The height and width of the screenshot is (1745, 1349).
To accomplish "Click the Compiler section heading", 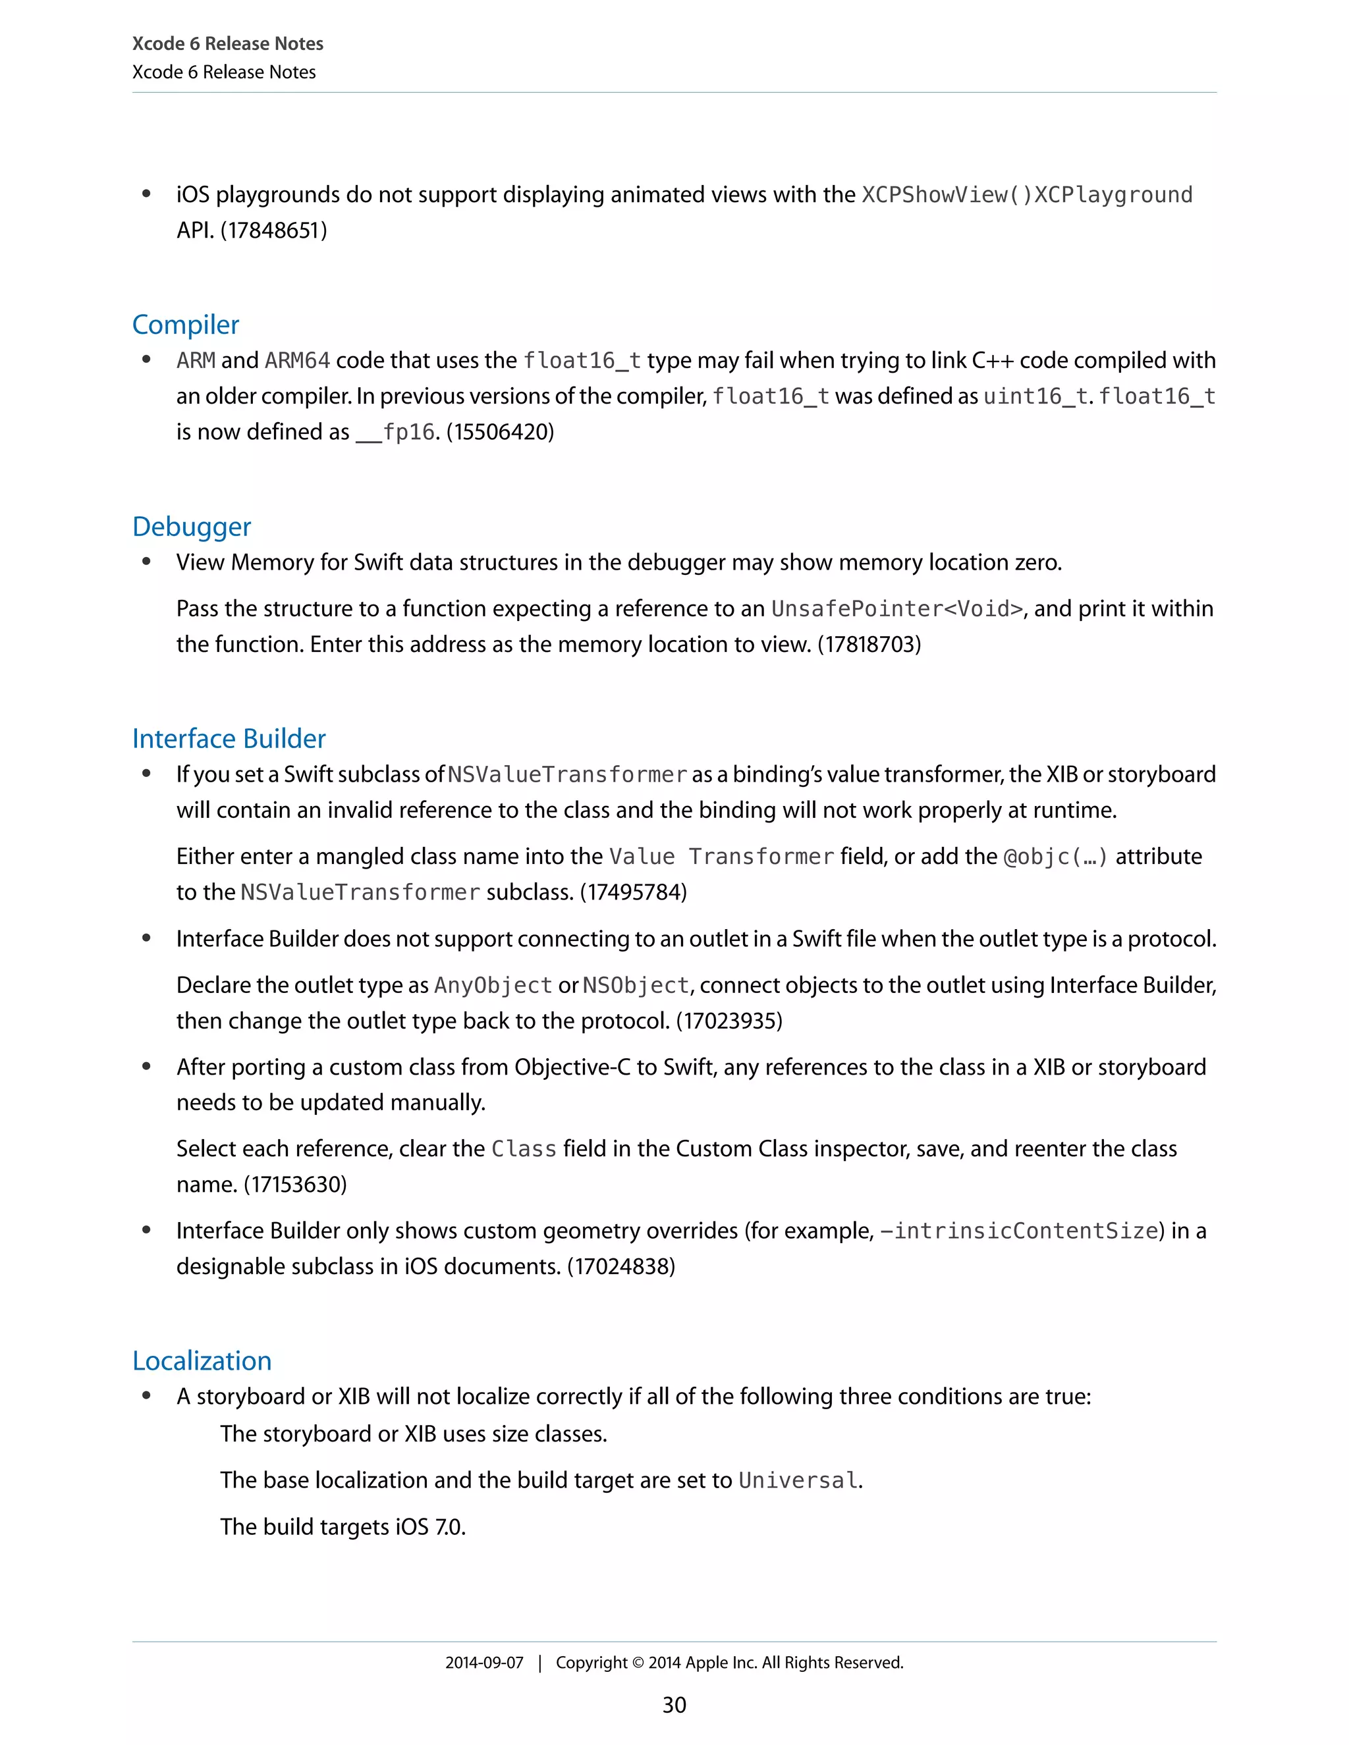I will [x=185, y=325].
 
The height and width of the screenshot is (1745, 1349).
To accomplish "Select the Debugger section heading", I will [x=192, y=527].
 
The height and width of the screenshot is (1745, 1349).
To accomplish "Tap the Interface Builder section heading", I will [x=229, y=739].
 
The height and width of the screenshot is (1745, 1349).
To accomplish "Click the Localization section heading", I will [x=202, y=1362].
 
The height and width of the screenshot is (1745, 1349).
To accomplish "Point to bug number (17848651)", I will [x=273, y=231].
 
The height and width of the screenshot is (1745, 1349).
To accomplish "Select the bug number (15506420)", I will [x=501, y=432].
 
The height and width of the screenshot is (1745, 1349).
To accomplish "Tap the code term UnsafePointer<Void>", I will [x=896, y=610].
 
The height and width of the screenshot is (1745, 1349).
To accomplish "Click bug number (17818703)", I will [x=869, y=645].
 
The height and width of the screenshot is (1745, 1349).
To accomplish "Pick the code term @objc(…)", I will [x=1056, y=857].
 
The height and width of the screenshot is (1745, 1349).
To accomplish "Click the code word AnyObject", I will [x=493, y=986].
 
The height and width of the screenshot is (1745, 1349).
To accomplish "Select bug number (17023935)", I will [x=729, y=1021].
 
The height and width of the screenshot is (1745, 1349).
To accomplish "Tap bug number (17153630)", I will [x=295, y=1185].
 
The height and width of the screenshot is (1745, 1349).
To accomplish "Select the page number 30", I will [x=674, y=1705].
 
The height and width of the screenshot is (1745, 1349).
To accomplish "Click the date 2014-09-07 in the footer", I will [x=484, y=1663].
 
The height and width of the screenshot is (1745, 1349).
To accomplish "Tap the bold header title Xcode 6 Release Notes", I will [x=228, y=44].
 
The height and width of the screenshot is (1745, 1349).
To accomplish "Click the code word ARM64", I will [x=297, y=361].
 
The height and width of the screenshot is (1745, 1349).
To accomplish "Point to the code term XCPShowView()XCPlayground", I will [x=1027, y=196].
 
